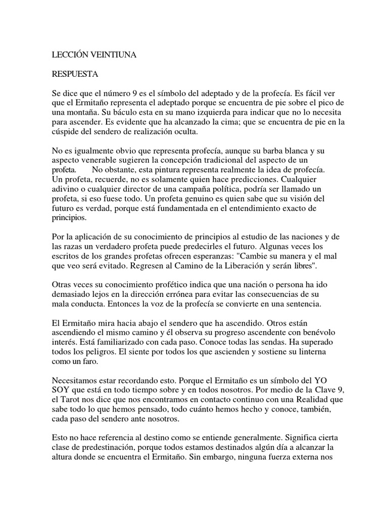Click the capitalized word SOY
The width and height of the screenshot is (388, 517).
(63, 391)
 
